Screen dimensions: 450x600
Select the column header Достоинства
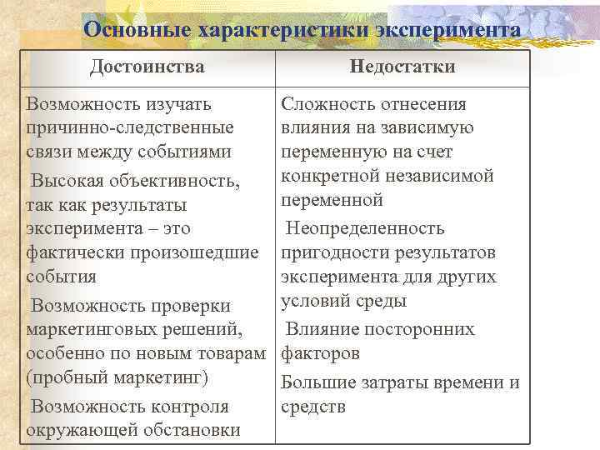147,67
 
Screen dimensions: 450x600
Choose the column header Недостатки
402,67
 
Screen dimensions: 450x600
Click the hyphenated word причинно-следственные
130,128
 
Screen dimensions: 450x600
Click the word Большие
317,382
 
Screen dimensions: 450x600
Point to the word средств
313,407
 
